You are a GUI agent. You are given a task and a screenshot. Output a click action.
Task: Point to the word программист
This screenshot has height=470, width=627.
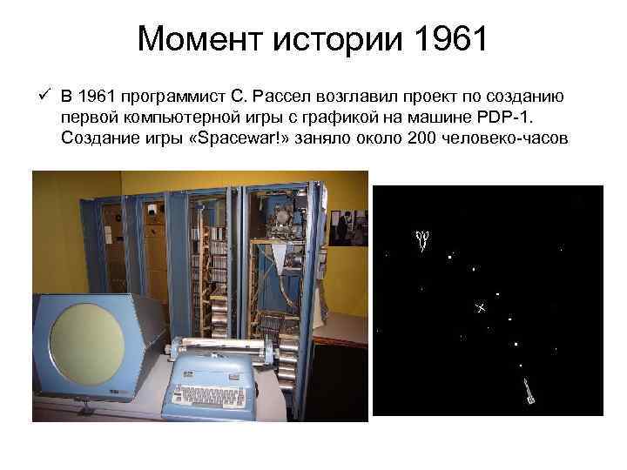click(165, 95)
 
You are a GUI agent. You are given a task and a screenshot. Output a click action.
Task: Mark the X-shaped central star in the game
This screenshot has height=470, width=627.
click(479, 308)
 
